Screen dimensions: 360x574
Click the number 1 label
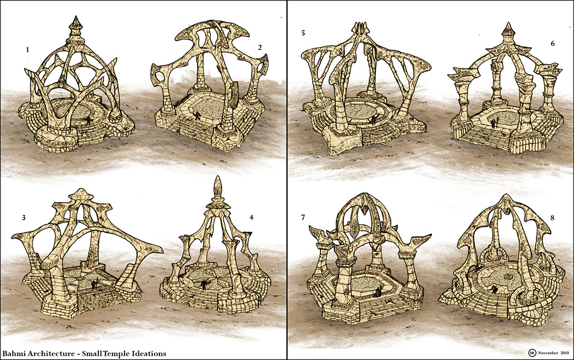point(27,50)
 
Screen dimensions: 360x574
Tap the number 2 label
point(260,47)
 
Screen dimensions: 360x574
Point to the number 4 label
point(252,218)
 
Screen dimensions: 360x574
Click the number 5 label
point(303,34)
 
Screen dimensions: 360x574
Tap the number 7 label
point(303,218)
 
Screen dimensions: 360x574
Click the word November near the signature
point(547,354)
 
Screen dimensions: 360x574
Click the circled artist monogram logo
point(532,353)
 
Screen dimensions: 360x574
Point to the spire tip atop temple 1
point(76,20)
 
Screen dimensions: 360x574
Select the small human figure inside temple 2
point(198,116)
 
